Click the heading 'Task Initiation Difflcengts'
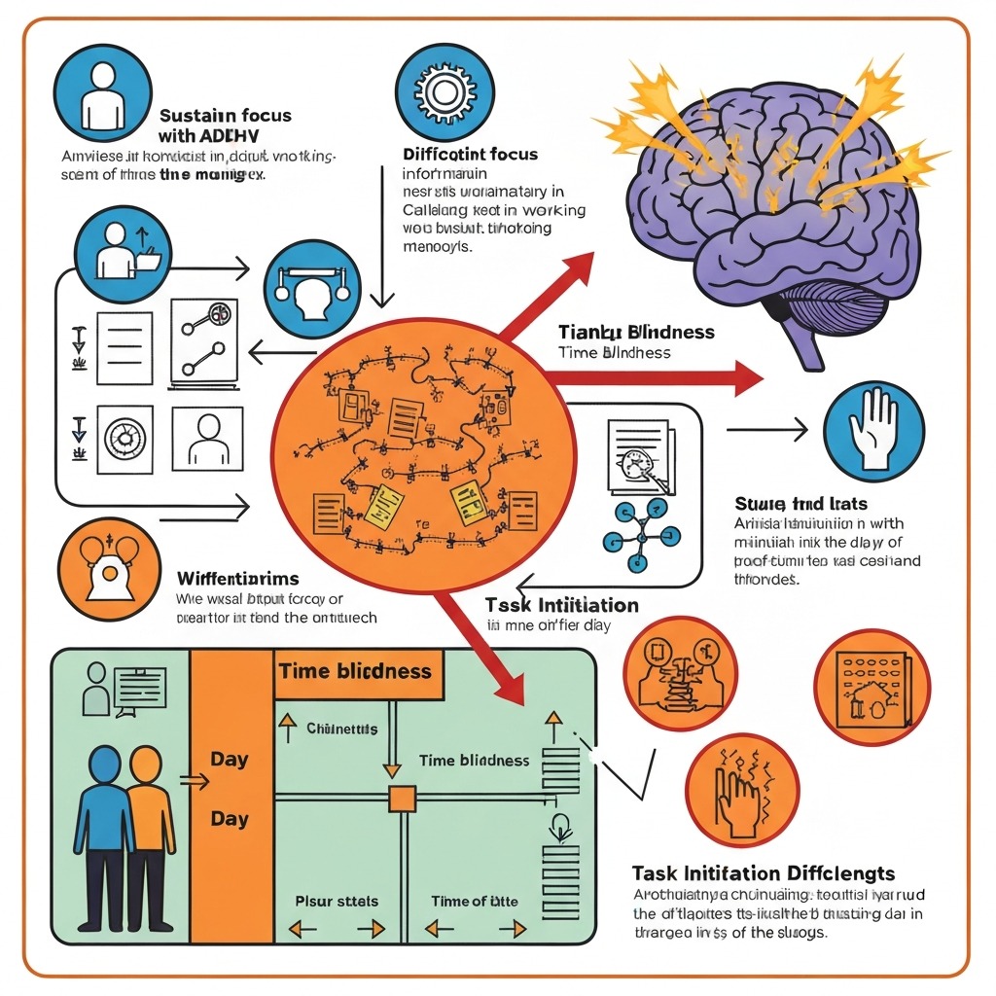click(x=764, y=873)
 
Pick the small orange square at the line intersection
click(x=401, y=800)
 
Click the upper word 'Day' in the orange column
click(x=230, y=759)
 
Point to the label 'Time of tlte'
click(x=474, y=902)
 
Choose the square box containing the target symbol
click(x=124, y=440)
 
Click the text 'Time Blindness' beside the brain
click(x=615, y=352)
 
